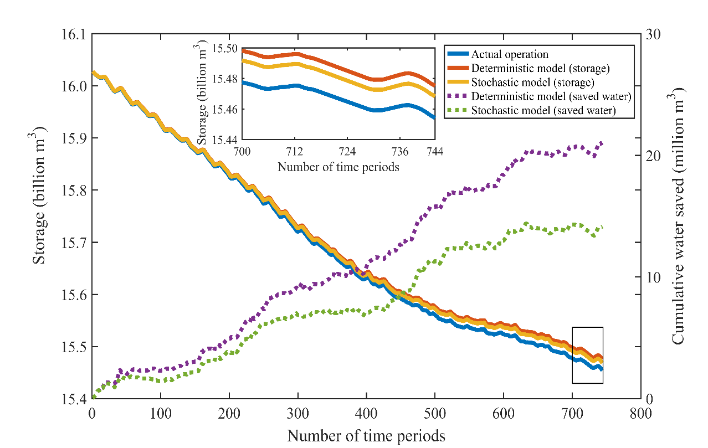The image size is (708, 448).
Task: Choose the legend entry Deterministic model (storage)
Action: pos(540,69)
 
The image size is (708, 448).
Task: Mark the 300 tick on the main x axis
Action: pos(297,413)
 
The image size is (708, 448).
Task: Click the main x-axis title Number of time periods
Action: pos(366,435)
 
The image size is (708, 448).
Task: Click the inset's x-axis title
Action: pos(338,166)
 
